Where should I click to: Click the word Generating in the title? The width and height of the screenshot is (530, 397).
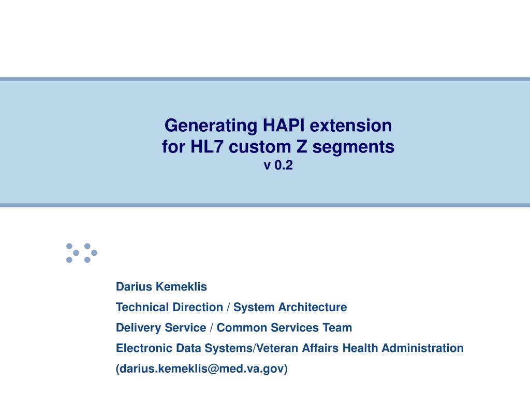coord(211,126)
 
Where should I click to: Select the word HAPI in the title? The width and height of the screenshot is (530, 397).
coord(284,125)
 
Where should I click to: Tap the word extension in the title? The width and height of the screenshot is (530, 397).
coord(351,126)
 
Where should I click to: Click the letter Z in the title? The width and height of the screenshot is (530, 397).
coord(302,147)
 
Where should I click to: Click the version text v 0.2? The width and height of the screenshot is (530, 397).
coord(278,165)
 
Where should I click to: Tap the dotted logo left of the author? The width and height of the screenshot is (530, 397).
coord(81,253)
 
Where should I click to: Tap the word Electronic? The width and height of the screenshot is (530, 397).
coord(144,348)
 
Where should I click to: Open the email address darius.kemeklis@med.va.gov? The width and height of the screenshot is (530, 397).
coord(202,369)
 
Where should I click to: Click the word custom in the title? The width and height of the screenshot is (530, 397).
coord(260,147)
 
